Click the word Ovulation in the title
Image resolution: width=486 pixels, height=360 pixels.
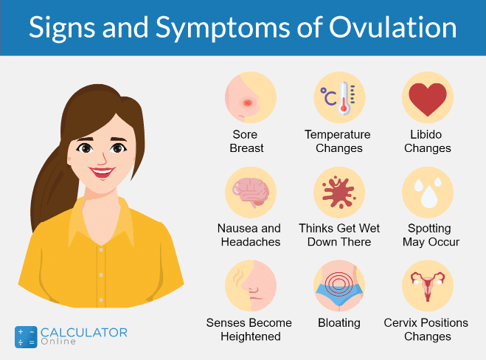[392, 27]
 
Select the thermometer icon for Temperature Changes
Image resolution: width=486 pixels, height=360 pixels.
[340, 97]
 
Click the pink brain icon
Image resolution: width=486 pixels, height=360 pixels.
[251, 192]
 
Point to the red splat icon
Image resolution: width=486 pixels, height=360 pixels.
[339, 193]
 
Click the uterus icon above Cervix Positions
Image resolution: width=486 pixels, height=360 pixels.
[428, 285]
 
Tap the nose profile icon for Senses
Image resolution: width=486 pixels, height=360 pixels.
[251, 285]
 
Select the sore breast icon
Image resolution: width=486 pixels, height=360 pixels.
[251, 97]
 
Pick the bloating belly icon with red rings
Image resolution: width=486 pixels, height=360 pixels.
[339, 285]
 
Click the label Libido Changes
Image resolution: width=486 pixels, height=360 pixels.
[428, 142]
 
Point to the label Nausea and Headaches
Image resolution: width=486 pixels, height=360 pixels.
[249, 235]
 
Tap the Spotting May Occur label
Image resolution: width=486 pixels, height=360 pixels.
[431, 235]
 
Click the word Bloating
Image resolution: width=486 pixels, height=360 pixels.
[339, 323]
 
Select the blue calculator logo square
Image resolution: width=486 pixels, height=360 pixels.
[26, 336]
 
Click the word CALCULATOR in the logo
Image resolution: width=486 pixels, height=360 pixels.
[84, 333]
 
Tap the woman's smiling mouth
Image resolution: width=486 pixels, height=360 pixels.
[101, 172]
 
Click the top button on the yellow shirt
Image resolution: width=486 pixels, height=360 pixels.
[101, 249]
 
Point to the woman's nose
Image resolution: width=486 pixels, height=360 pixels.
[103, 158]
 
